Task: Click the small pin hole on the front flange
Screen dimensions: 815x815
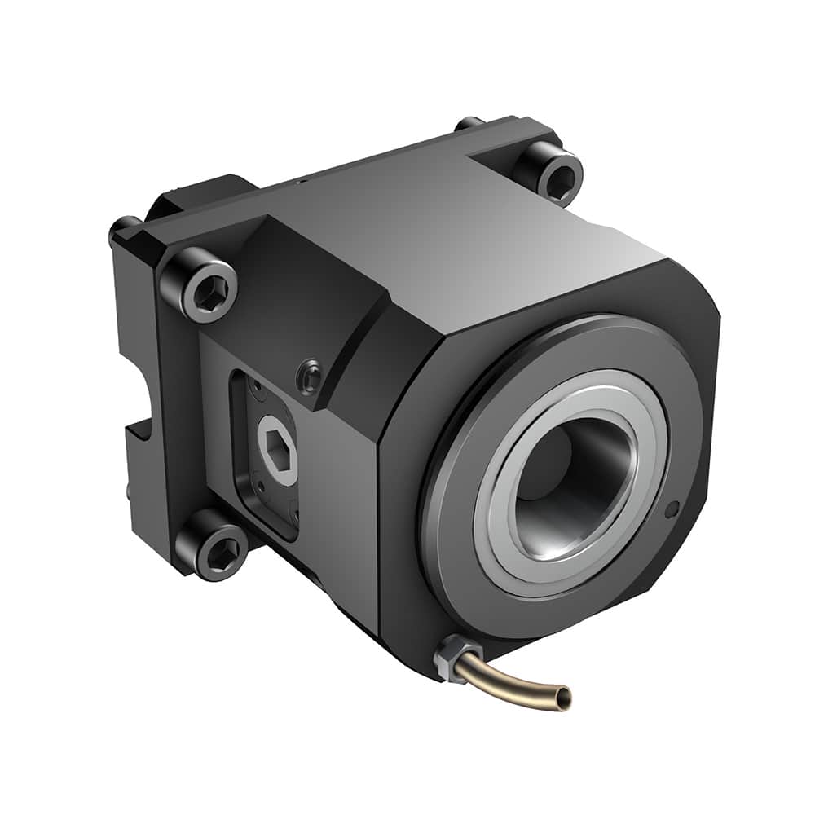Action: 672,511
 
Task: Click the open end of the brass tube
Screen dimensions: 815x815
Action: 562,698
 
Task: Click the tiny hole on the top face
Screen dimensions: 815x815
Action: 302,182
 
